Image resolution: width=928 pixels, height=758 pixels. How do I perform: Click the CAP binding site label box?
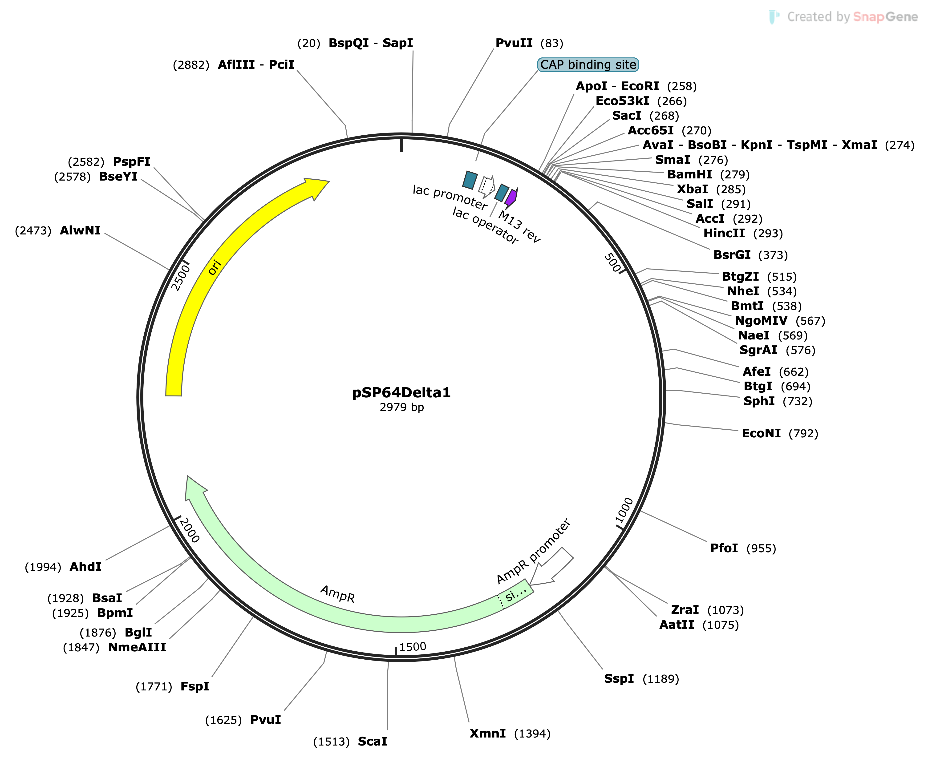588,65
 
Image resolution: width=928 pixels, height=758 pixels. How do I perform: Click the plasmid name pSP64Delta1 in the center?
401,393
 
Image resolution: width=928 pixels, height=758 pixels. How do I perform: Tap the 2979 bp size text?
401,407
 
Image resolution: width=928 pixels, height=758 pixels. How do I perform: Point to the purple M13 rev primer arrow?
511,197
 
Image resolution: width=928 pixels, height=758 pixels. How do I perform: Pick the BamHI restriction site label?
689,175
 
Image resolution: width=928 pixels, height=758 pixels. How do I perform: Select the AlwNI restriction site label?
80,230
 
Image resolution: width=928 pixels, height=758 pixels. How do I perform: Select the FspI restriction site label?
195,686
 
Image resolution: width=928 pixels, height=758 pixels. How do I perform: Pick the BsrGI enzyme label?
731,255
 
